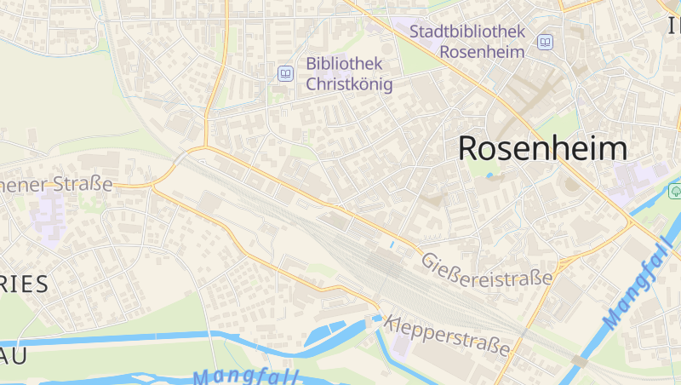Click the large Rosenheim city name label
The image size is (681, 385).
point(542,148)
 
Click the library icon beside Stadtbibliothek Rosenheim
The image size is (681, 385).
point(545,41)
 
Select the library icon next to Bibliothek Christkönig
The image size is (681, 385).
point(285,74)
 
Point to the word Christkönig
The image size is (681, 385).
point(349,84)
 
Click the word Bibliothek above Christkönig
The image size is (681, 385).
point(344,64)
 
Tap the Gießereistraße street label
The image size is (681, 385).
point(486,269)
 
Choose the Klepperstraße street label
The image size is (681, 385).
point(448,336)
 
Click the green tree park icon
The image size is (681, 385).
point(675,189)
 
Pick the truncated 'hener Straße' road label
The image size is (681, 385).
point(56,184)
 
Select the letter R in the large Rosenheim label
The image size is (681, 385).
point(471,148)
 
